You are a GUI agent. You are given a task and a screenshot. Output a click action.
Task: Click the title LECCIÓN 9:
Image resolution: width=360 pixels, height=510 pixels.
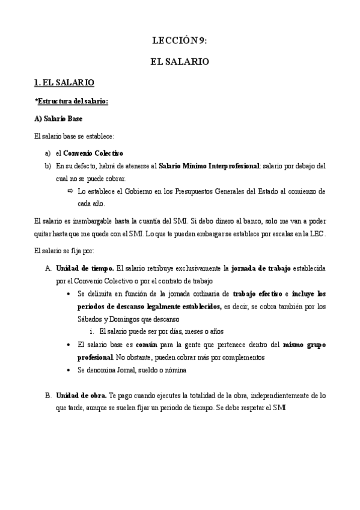click(x=180, y=40)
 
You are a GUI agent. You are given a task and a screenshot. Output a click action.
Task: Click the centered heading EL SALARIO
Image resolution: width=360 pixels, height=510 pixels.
click(x=180, y=61)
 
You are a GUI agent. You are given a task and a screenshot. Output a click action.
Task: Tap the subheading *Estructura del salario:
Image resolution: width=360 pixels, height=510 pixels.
click(x=72, y=102)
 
